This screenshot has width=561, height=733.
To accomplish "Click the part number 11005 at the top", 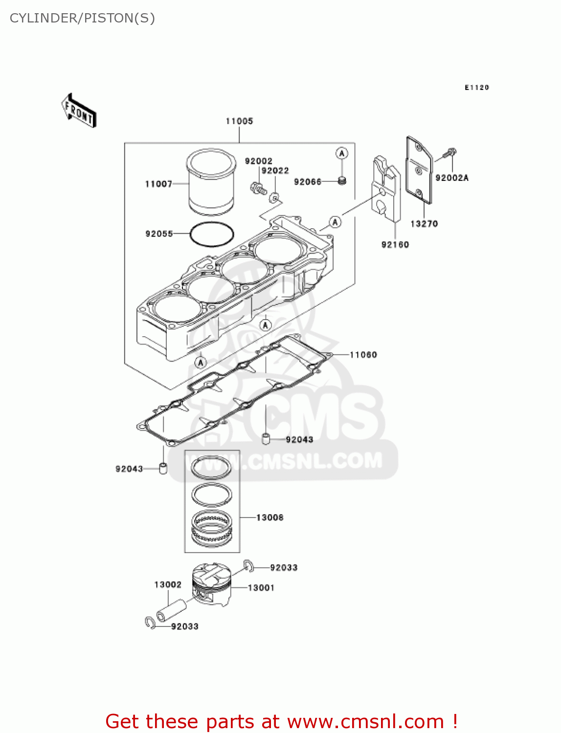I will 239,121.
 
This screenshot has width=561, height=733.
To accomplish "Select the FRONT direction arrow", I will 79,111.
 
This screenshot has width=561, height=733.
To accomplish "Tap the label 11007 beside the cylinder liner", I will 158,184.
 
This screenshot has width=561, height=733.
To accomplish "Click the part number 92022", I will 275,171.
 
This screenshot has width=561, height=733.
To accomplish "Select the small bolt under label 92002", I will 257,188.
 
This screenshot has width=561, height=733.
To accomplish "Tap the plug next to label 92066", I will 342,181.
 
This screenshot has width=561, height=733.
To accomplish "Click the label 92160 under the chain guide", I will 395,244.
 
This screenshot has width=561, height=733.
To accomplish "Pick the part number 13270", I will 424,224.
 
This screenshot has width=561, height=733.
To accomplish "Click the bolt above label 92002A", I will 449,153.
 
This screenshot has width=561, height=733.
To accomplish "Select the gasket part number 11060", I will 363,355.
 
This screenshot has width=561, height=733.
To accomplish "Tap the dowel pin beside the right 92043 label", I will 266,438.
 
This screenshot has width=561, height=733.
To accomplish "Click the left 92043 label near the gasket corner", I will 129,469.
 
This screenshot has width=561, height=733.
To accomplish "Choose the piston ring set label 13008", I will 269,517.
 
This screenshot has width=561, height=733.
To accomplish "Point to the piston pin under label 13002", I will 171,610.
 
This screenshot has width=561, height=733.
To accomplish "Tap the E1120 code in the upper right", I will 476,87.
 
